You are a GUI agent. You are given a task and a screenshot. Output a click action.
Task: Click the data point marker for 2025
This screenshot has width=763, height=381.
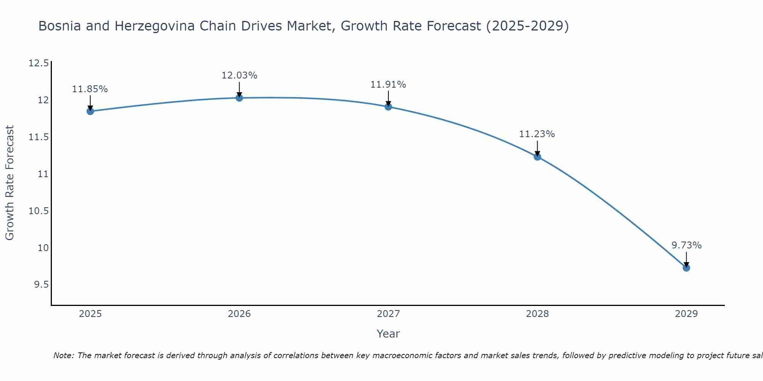(90, 111)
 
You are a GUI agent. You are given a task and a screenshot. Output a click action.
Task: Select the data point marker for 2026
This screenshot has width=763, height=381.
(239, 98)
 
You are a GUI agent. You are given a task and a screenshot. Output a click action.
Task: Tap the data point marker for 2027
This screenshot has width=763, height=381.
(388, 107)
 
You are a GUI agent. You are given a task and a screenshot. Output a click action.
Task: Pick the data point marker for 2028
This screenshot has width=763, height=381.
(537, 157)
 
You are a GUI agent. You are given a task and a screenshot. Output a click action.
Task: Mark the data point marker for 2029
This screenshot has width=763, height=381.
(686, 268)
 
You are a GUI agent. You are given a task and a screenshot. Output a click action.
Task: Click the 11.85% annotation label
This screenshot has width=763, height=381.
(90, 89)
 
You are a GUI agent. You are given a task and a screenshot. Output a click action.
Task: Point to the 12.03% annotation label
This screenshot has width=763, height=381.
(239, 75)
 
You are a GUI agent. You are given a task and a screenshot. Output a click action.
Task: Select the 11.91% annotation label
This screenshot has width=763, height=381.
(388, 85)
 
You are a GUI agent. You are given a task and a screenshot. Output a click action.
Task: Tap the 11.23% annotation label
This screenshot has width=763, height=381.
(537, 134)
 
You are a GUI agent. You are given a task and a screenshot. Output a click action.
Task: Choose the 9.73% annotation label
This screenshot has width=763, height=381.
(686, 245)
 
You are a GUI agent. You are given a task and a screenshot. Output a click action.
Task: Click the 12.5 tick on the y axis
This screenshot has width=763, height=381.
(39, 63)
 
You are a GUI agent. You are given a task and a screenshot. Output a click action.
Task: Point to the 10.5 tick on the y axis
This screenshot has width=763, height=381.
(39, 211)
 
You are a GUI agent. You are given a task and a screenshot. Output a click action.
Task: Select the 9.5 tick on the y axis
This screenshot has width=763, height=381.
(41, 285)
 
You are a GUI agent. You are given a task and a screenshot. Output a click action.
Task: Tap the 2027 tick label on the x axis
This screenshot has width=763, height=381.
(388, 314)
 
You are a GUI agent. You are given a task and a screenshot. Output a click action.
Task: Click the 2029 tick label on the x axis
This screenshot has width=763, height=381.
(686, 314)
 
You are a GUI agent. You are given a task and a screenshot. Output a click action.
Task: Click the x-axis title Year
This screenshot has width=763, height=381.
(388, 334)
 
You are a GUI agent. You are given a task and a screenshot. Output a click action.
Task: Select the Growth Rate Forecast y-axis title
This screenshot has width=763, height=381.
(10, 182)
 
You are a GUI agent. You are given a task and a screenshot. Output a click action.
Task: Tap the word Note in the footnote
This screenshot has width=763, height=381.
(63, 355)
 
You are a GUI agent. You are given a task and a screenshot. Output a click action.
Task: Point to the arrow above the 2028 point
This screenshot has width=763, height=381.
(537, 148)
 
